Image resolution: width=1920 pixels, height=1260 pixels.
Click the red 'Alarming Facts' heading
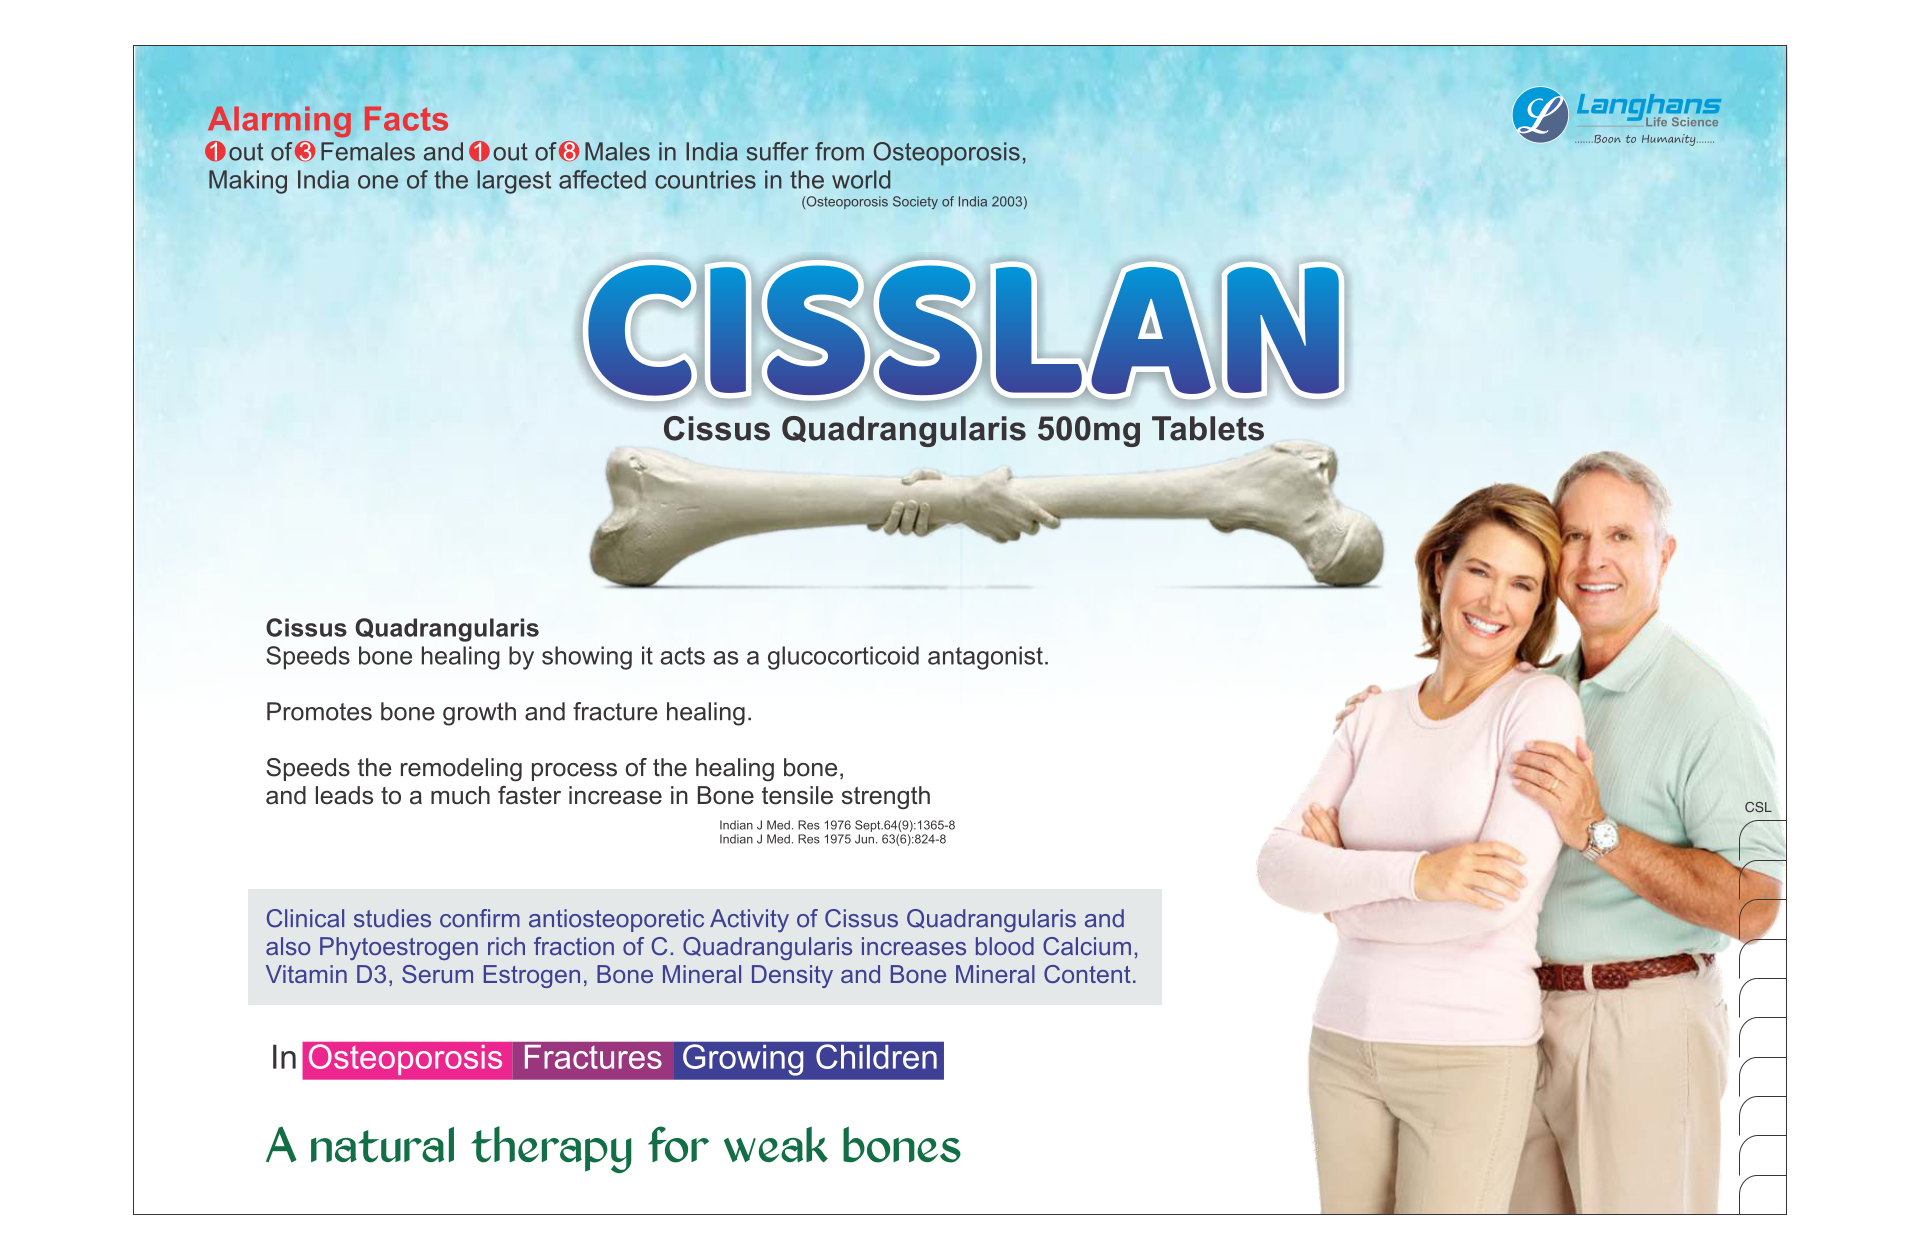(328, 119)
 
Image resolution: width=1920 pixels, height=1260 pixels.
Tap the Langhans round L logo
(1540, 114)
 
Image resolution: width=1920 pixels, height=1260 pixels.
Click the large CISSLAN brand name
(964, 330)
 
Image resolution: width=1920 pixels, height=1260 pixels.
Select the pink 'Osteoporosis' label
(405, 1059)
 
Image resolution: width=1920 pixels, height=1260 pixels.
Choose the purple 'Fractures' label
(592, 1059)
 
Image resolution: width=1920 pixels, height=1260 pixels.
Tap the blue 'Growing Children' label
(809, 1059)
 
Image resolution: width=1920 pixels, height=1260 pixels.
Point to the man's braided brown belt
(1620, 971)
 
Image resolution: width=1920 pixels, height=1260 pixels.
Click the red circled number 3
(305, 152)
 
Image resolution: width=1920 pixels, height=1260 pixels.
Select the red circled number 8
(569, 152)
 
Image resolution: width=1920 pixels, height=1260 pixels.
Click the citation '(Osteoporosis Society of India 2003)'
(914, 202)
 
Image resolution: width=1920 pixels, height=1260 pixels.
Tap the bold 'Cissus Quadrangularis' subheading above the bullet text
(402, 628)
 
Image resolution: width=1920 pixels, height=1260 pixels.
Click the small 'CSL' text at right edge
(1757, 807)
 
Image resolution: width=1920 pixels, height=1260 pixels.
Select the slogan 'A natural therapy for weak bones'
(613, 1146)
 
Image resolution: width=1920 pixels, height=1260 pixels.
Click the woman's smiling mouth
(1483, 626)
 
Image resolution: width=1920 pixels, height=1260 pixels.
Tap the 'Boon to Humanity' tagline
(1644, 139)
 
